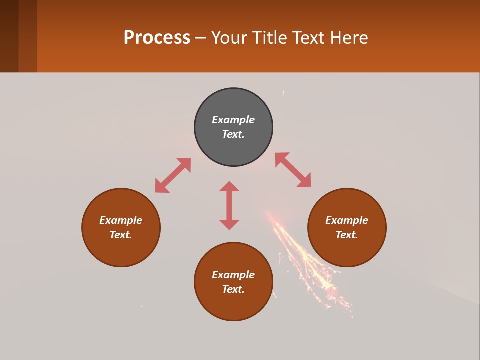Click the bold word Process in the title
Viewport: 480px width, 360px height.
coord(157,38)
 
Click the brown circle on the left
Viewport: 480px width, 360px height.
coord(121,250)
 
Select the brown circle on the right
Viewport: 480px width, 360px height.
coord(347,250)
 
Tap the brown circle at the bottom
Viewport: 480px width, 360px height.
coord(233,305)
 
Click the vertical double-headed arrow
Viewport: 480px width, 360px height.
coord(229,205)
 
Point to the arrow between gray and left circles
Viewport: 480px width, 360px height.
coord(173,175)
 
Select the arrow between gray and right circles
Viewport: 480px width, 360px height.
coord(293,170)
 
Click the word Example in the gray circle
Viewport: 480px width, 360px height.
coord(233,120)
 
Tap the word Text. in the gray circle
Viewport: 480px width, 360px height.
coord(233,134)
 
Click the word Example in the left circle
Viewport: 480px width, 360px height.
coord(121,220)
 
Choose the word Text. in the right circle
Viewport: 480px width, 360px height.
coord(347,235)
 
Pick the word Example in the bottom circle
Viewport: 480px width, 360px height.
coord(233,275)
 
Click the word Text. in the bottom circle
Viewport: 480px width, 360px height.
coord(233,289)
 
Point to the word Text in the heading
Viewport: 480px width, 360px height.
coord(309,38)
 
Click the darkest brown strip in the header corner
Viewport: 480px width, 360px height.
coord(9,36)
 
